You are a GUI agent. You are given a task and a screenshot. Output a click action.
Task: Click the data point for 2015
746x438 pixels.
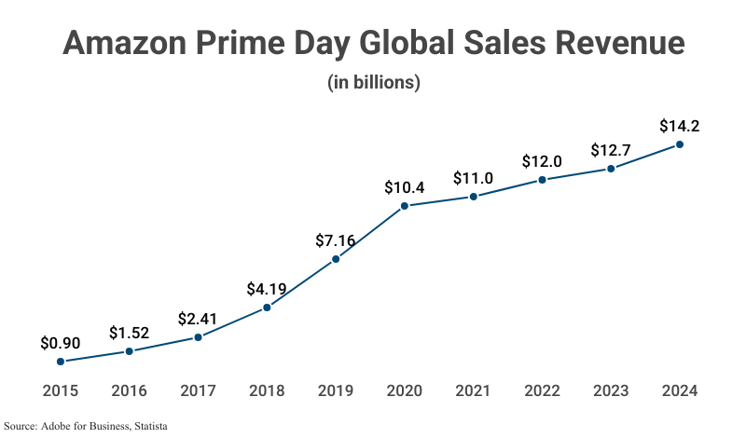61,362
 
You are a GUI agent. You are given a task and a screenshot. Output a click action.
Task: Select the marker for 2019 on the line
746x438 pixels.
336,259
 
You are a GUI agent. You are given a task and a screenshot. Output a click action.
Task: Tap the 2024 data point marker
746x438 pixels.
680,144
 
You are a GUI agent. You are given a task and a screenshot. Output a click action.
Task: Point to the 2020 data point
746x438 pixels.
405,206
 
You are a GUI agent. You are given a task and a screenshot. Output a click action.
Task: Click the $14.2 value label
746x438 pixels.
680,125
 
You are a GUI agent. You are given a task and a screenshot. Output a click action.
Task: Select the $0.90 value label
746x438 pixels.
61,342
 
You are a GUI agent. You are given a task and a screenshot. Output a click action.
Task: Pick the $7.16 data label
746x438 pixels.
336,240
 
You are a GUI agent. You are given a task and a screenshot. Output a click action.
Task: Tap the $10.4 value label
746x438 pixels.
405,187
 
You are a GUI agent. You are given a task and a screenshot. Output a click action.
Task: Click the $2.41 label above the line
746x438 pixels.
198,319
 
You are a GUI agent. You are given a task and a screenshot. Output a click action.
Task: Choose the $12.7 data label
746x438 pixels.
611,150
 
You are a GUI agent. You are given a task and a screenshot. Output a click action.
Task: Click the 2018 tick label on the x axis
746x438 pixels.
267,390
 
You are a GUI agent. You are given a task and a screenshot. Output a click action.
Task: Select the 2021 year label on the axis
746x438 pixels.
473,390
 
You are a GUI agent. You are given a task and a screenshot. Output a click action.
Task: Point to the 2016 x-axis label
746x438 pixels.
129,390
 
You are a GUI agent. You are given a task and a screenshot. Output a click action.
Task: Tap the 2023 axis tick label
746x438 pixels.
611,390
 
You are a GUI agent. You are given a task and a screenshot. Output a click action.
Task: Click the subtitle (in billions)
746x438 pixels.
374,82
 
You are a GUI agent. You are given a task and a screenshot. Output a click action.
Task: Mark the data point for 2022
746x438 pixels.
542,180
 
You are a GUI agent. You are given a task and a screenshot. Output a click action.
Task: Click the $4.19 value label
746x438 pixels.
267,289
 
